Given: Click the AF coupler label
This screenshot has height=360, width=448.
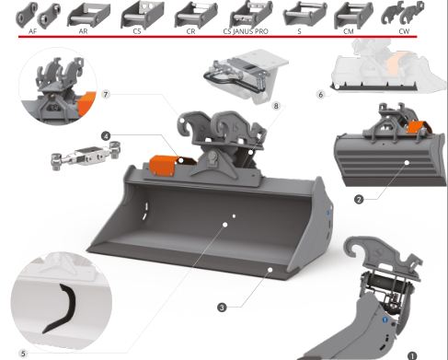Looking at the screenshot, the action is tap(32, 31).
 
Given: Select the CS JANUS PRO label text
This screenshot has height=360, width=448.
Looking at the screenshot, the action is tap(246, 31).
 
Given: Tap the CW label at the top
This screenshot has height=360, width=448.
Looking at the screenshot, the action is tap(404, 31).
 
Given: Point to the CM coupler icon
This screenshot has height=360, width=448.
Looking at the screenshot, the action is tap(353, 15).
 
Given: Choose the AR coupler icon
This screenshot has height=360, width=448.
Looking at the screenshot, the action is tap(88, 15).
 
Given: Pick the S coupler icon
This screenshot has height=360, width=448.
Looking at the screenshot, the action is tap(304, 15).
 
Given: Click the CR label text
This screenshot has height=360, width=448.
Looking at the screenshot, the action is tap(190, 31).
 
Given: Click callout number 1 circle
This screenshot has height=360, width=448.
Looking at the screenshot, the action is tap(412, 355).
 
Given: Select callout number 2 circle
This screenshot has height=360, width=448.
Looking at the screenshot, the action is tap(359, 200).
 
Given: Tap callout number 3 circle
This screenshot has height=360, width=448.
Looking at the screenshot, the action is tap(222, 308).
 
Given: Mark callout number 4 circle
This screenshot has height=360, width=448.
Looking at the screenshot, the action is tap(106, 136).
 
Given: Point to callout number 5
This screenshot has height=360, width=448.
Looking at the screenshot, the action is tap(23, 354).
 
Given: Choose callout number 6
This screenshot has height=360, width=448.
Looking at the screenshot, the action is tap(321, 95).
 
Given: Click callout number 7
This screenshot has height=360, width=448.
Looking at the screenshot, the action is tap(106, 94).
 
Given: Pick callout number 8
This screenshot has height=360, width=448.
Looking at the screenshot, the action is tap(276, 106).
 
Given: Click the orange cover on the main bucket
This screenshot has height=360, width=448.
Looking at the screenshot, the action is tap(162, 166).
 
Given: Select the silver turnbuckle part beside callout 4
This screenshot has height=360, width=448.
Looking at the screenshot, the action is tap(86, 155).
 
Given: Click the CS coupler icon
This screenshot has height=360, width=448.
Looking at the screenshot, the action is tap(143, 15).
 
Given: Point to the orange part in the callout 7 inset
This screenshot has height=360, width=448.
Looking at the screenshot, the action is tap(85, 103).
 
